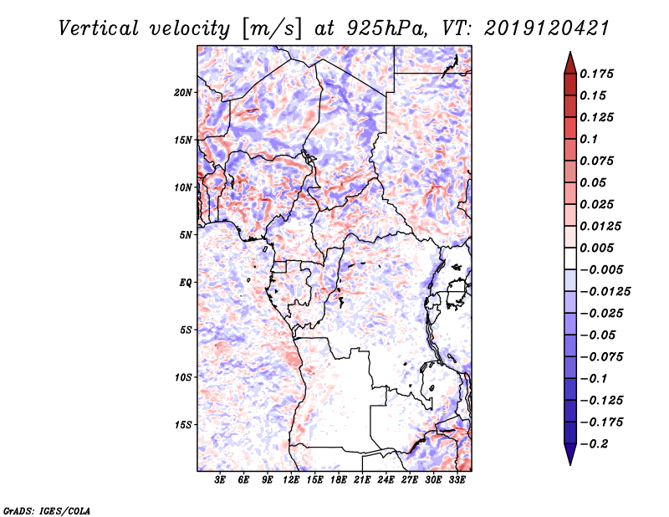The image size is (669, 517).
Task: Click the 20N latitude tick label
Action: click(x=183, y=92)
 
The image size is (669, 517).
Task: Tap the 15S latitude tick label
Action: click(x=183, y=425)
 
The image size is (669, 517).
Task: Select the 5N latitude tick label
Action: click(x=186, y=235)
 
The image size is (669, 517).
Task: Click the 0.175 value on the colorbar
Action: click(x=599, y=74)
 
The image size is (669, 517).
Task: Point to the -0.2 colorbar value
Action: click(x=596, y=443)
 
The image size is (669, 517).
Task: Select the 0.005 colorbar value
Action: click(x=599, y=248)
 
